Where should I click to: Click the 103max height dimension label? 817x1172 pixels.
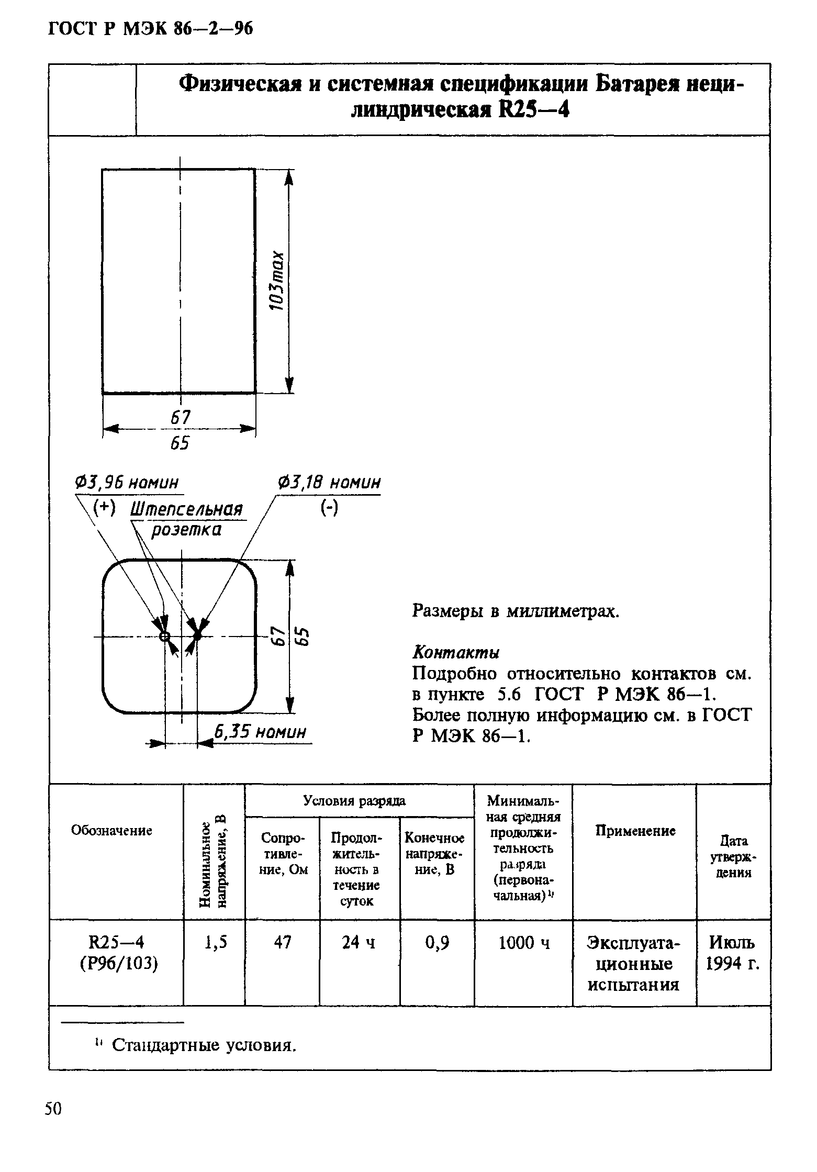point(278,281)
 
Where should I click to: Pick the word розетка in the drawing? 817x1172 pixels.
point(186,530)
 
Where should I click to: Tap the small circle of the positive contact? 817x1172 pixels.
point(164,637)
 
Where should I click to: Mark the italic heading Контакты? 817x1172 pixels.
point(456,652)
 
